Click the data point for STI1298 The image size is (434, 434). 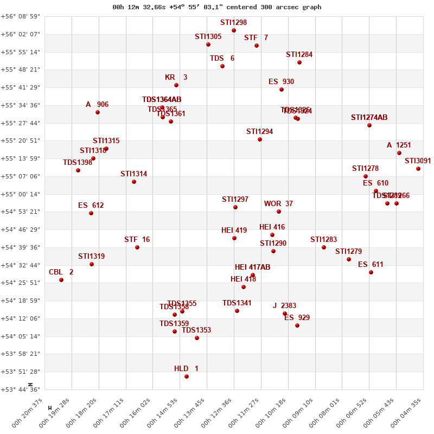pyautogui.click(x=234, y=30)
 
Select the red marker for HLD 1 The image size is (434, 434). pyautogui.click(x=187, y=376)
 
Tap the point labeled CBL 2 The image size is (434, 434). pyautogui.click(x=61, y=280)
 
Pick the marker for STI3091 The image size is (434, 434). pyautogui.click(x=418, y=169)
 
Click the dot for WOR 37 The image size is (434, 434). pyautogui.click(x=279, y=212)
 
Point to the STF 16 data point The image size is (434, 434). pyautogui.click(x=137, y=247)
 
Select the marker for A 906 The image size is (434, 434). pyautogui.click(x=98, y=112)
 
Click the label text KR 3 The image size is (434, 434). pyautogui.click(x=176, y=78)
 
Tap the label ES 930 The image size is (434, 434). pyautogui.click(x=281, y=82)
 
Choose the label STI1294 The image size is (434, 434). pyautogui.click(x=259, y=132)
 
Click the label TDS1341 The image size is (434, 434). pyautogui.click(x=237, y=303)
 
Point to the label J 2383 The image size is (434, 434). pyautogui.click(x=284, y=306)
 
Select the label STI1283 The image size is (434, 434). pyautogui.click(x=323, y=240)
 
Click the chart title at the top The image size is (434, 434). pyautogui.click(x=217, y=7)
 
